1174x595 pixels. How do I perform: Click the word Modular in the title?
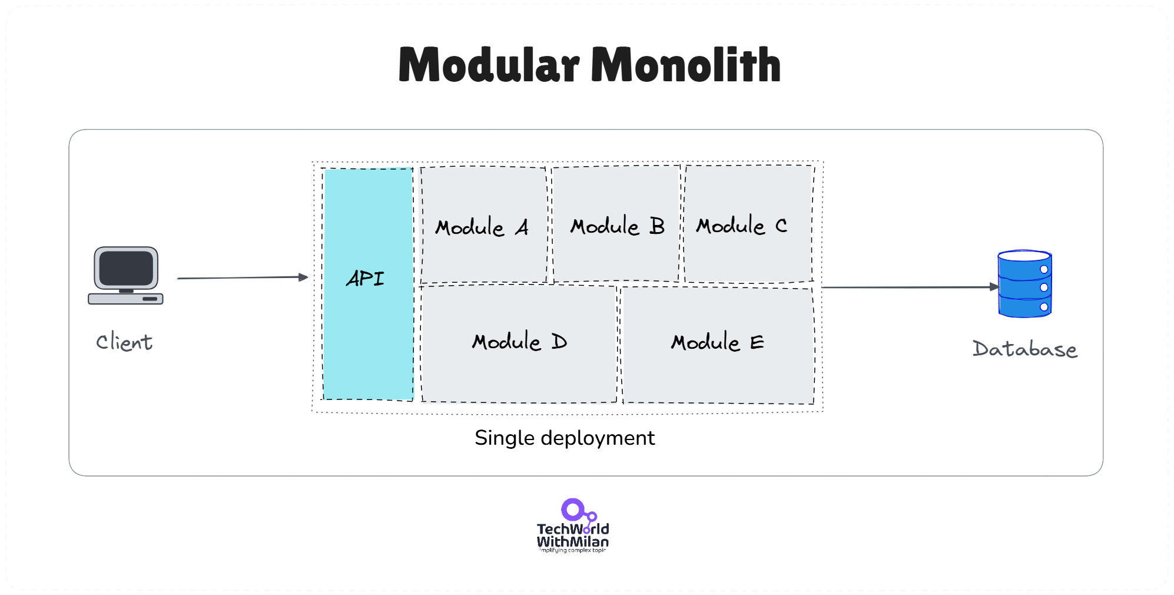[x=489, y=65]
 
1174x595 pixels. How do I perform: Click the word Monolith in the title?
[x=686, y=65]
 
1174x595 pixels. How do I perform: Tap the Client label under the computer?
[x=124, y=342]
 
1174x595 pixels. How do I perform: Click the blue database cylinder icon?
[x=1024, y=284]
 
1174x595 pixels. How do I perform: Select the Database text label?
[x=1024, y=349]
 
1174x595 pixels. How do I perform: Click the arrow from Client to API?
[x=241, y=277]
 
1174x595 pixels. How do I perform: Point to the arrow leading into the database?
[x=910, y=287]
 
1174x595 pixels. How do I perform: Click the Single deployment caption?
[x=564, y=438]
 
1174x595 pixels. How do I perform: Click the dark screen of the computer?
[x=126, y=268]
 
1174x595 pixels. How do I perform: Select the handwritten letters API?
[x=365, y=278]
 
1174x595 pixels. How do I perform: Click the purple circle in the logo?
[x=572, y=509]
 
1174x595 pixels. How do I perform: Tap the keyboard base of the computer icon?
[x=125, y=299]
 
